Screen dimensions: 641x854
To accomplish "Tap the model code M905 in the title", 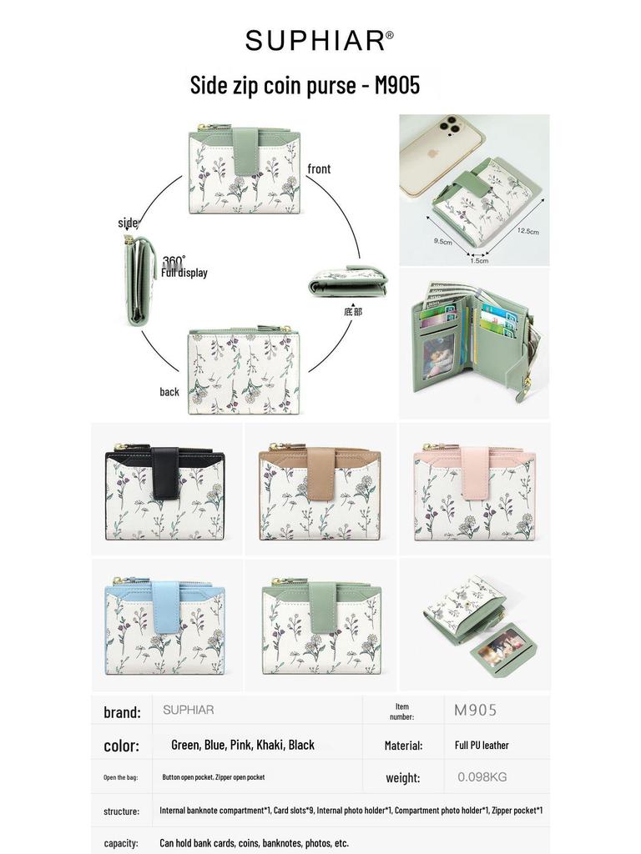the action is click(x=396, y=85).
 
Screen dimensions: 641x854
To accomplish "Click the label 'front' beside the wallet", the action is click(x=319, y=168).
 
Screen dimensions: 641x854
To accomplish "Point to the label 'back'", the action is click(x=169, y=392).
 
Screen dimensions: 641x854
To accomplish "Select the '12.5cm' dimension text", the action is click(x=527, y=231).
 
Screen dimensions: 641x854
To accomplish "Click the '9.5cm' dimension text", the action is click(x=442, y=241).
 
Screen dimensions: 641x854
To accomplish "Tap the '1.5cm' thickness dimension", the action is click(x=479, y=261).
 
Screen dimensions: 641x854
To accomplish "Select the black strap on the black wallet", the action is click(x=166, y=472).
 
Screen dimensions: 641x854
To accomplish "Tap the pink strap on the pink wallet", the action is click(x=475, y=473).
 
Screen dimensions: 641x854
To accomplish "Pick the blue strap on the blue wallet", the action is click(x=166, y=607).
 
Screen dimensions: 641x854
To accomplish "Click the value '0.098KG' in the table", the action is click(x=482, y=777).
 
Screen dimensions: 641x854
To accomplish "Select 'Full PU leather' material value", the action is click(x=482, y=745).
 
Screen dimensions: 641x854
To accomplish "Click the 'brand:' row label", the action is click(x=122, y=712).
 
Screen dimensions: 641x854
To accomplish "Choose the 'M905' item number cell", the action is click(x=475, y=710).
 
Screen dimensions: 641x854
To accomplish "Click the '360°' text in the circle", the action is click(x=174, y=261).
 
